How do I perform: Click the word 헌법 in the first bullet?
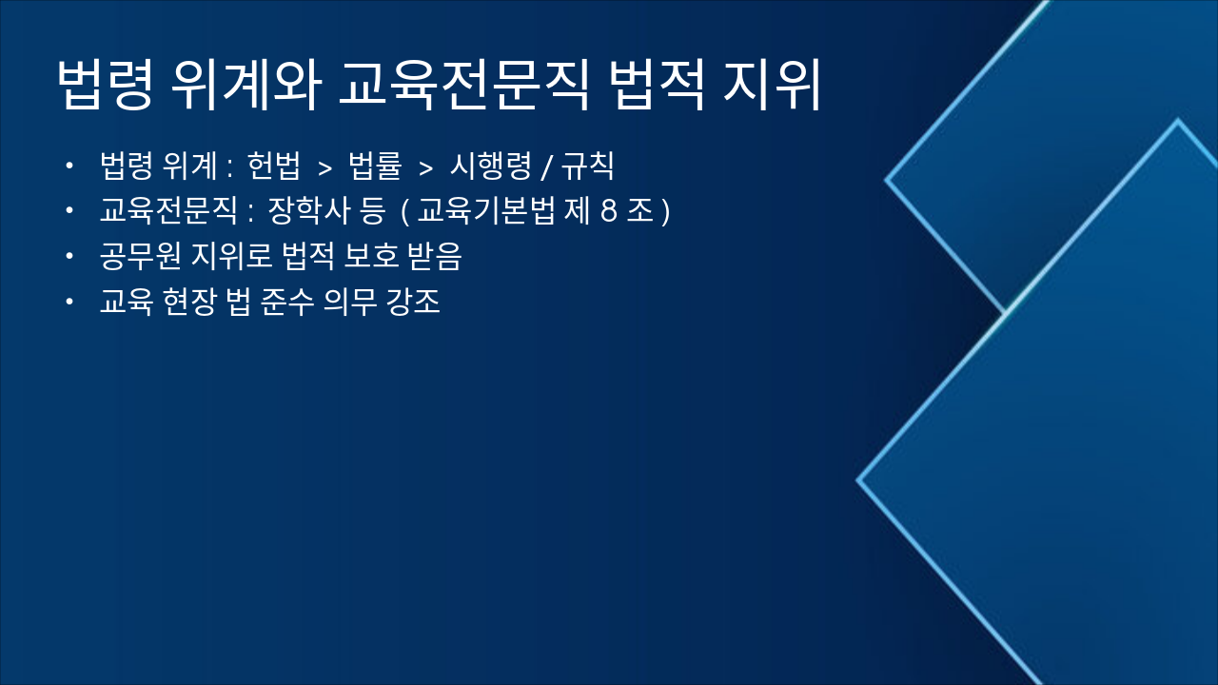click(273, 166)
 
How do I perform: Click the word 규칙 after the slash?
click(587, 166)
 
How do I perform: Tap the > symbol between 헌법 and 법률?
click(324, 168)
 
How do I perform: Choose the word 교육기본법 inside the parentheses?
click(486, 211)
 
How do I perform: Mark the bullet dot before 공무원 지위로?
click(69, 257)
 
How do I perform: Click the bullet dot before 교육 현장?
click(69, 303)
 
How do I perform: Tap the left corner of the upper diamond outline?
click(887, 179)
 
